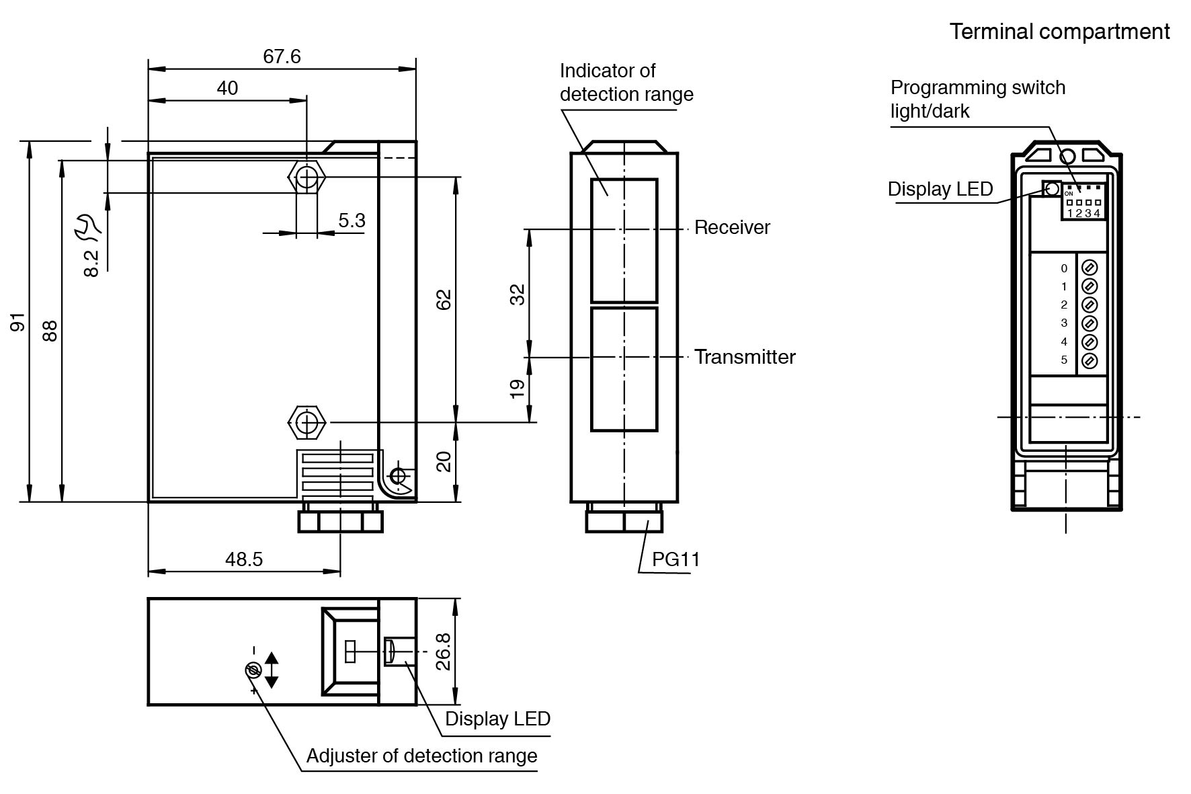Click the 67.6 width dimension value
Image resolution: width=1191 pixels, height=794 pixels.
[282, 56]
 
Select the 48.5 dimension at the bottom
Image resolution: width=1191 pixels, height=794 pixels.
[244, 559]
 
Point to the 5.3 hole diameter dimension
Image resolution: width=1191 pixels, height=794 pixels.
[352, 221]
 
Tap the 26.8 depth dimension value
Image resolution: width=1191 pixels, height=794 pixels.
[443, 650]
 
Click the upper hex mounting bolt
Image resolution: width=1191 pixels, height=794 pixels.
[307, 178]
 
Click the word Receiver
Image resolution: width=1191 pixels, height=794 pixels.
[732, 228]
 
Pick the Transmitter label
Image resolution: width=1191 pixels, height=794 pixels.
[745, 357]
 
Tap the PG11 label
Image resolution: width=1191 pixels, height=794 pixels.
[675, 560]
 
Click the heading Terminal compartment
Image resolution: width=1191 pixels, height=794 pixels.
[1059, 32]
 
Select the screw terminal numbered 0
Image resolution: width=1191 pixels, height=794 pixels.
[1089, 268]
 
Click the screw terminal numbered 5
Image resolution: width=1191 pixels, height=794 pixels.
[1089, 360]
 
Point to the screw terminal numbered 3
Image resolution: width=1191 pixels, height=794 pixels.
[1089, 323]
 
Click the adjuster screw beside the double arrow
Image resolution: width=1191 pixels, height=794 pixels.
[253, 670]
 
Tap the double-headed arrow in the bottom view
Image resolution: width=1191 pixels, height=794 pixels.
[272, 670]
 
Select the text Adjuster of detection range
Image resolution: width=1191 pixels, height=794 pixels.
[421, 756]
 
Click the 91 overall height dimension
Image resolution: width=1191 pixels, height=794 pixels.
[18, 322]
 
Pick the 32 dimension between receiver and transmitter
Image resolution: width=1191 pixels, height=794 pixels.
[518, 294]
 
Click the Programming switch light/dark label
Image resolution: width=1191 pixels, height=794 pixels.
[977, 99]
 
